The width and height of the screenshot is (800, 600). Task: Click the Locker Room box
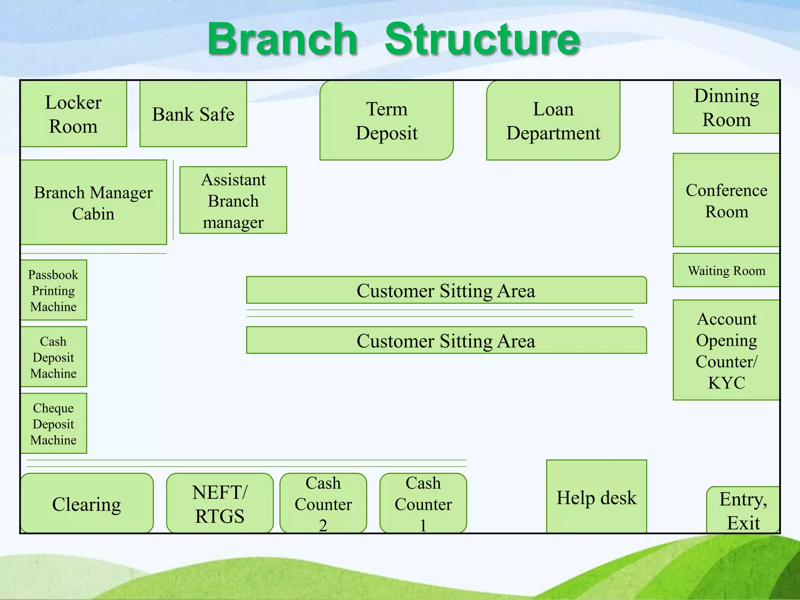point(73,114)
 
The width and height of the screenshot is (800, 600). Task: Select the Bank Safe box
point(193,114)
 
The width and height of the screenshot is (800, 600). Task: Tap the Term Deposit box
point(386,120)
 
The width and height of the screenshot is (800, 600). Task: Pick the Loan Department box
point(553,120)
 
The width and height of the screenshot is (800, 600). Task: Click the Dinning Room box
point(726,107)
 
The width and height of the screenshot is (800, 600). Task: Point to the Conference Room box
point(726,200)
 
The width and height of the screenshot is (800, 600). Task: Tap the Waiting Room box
point(726,270)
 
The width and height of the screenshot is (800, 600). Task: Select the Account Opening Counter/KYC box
point(726,350)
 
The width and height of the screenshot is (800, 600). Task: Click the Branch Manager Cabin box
point(93,202)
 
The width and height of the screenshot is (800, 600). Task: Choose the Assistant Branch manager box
point(233,200)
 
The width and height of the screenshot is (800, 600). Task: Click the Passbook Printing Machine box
point(54,290)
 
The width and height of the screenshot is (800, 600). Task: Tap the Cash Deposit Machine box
point(54,357)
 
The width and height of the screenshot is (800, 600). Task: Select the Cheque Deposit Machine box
point(54,423)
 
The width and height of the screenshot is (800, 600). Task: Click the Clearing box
point(87,503)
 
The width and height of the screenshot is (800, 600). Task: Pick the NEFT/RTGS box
point(220,503)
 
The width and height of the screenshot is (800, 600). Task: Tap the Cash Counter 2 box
point(323,503)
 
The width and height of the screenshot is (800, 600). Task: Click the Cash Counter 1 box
point(423,503)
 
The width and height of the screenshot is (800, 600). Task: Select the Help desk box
point(596,497)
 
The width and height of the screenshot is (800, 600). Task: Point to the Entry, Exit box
point(743,510)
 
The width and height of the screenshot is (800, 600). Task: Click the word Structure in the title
point(482,39)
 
